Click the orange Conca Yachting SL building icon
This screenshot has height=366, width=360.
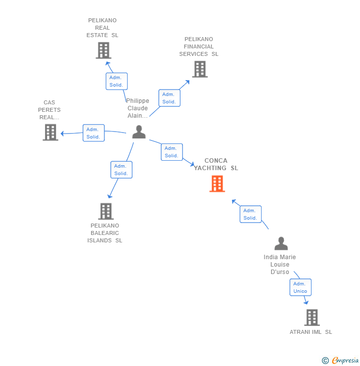pyautogui.click(x=217, y=184)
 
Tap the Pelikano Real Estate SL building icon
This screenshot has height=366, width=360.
pyautogui.click(x=103, y=50)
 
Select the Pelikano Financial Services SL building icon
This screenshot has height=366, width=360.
pyautogui.click(x=200, y=69)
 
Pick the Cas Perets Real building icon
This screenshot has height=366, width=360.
pyautogui.click(x=50, y=133)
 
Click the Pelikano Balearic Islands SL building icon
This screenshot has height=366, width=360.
pyautogui.click(x=106, y=211)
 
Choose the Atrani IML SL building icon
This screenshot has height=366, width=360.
pyautogui.click(x=312, y=318)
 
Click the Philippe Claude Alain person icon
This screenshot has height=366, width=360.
pyautogui.click(x=139, y=132)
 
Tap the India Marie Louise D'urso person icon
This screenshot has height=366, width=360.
pyautogui.click(x=281, y=244)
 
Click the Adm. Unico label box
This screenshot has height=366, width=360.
pyautogui.click(x=300, y=287)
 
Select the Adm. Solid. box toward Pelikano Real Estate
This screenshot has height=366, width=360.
pyautogui.click(x=116, y=81)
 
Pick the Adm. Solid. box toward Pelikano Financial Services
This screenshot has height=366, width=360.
pyautogui.click(x=169, y=98)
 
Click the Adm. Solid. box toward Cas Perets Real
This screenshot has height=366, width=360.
pyautogui.click(x=93, y=133)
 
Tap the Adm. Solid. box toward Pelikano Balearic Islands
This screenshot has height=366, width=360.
pyautogui.click(x=121, y=170)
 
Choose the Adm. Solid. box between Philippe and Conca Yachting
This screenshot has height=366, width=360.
pyautogui.click(x=172, y=152)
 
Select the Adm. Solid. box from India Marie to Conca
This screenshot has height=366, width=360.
pyautogui.click(x=250, y=214)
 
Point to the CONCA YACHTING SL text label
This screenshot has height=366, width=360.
pyautogui.click(x=216, y=164)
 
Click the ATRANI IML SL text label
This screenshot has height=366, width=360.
pyautogui.click(x=311, y=332)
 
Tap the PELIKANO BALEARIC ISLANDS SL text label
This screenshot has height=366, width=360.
pyautogui.click(x=105, y=233)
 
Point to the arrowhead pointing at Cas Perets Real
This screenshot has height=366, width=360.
pyautogui.click(x=63, y=134)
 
